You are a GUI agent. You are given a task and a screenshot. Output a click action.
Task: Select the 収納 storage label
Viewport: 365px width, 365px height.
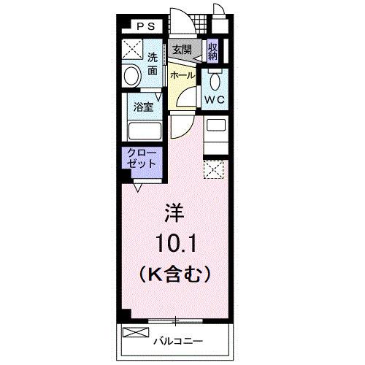click(x=212, y=50)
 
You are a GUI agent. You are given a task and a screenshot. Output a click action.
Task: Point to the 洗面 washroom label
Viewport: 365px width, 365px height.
click(x=153, y=64)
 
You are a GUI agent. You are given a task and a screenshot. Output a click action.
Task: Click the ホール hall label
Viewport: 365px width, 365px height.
click(x=182, y=75)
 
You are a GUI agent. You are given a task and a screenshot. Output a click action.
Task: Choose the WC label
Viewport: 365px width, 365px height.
click(x=214, y=99)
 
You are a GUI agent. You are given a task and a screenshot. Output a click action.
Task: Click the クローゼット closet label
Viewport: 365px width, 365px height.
click(x=141, y=158)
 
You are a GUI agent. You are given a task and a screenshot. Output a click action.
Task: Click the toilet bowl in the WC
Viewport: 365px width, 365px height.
click(x=215, y=80)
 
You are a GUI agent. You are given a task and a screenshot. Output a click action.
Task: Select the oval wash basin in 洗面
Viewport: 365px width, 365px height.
click(x=133, y=76)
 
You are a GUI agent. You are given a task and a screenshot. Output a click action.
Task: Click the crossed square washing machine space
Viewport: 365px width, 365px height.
click(x=132, y=50)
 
